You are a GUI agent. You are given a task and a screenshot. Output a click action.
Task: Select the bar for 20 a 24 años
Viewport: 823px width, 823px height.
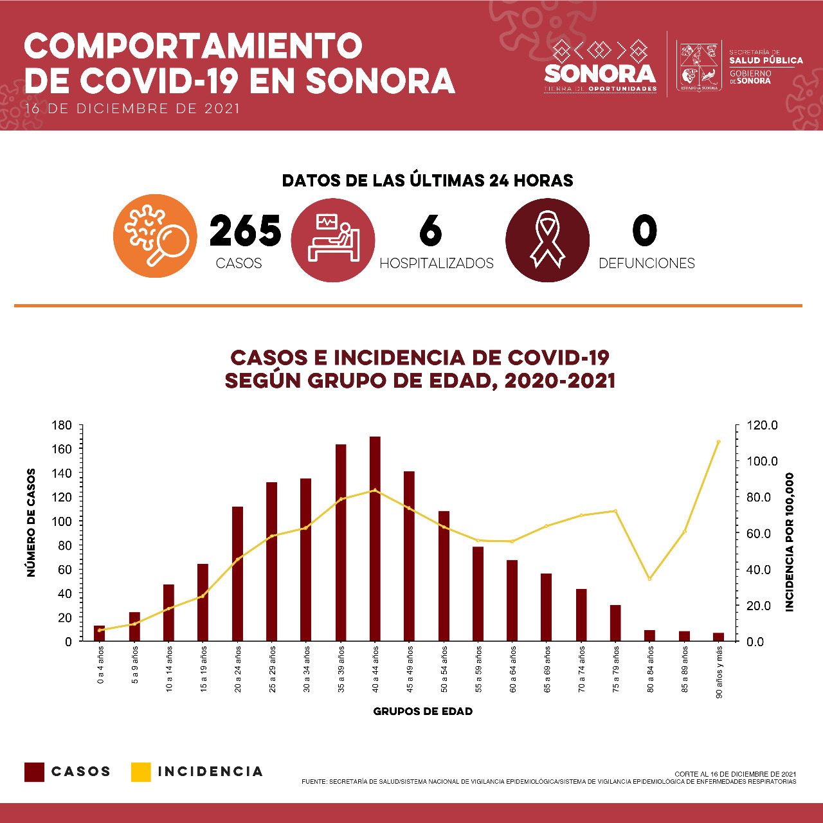click(x=237, y=574)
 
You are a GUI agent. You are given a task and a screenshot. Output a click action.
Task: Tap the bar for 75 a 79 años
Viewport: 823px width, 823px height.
click(x=615, y=622)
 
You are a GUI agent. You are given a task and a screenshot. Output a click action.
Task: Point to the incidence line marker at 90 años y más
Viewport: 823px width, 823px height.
click(x=718, y=442)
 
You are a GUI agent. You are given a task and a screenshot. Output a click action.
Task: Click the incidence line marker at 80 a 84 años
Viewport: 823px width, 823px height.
click(x=649, y=579)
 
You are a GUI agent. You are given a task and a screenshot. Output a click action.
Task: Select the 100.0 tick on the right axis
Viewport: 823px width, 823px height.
click(x=763, y=461)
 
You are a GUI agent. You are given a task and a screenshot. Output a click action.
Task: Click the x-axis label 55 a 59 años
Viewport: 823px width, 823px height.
click(x=478, y=669)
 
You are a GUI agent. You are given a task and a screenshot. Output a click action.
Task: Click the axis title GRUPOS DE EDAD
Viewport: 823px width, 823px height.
click(x=422, y=711)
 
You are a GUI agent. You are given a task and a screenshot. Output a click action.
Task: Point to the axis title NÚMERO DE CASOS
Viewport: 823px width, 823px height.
click(x=31, y=522)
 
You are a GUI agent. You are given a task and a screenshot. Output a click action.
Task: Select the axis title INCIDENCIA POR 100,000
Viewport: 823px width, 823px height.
click(x=790, y=541)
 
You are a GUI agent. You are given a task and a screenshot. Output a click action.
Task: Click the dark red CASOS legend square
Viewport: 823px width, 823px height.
click(x=34, y=772)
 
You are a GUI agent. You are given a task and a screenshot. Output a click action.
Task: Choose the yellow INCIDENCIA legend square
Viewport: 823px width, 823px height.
click(x=140, y=772)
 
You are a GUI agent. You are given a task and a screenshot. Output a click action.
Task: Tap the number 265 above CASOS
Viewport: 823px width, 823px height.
click(x=245, y=231)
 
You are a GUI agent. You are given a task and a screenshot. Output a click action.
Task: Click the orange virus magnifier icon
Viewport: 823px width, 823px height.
click(x=155, y=236)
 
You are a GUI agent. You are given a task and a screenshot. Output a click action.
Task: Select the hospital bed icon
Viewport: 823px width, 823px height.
click(x=332, y=240)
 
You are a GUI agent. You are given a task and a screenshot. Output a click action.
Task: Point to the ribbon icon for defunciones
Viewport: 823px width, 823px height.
click(x=547, y=240)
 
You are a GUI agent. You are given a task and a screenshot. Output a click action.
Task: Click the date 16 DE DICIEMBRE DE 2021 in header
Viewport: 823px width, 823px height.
click(x=132, y=109)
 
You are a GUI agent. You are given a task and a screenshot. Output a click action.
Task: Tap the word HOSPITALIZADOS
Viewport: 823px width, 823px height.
click(x=437, y=263)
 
